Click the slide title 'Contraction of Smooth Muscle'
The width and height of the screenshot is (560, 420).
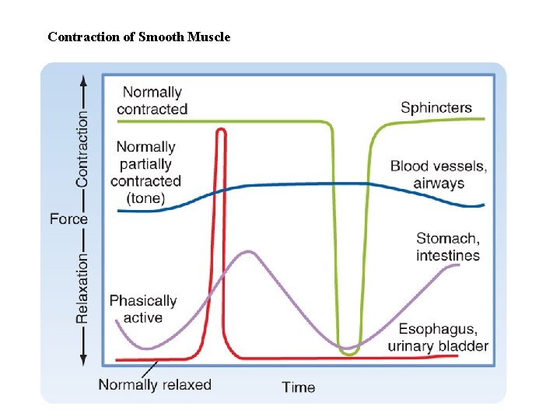coord(138,37)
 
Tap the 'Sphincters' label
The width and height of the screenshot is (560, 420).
coord(436,107)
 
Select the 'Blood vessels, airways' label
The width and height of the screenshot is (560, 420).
coord(438,174)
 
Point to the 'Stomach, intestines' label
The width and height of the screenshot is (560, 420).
coord(447,247)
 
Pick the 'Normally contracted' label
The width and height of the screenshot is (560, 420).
coord(152,101)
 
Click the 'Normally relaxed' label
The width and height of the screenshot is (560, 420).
coord(155,384)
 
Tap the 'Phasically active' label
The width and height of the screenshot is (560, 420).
coord(143,309)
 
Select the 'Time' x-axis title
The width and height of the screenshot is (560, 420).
coord(299,387)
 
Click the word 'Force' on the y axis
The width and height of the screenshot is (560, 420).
coord(68,219)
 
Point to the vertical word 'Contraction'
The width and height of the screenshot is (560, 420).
coord(82,148)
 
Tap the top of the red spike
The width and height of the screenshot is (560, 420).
coord(221,130)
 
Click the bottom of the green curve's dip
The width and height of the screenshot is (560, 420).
coord(349,354)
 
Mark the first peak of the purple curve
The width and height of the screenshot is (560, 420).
coord(248,251)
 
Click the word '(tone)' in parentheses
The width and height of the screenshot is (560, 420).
coord(145,198)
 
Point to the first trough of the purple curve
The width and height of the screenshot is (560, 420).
coord(149,348)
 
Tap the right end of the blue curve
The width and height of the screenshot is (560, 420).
coord(482,205)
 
